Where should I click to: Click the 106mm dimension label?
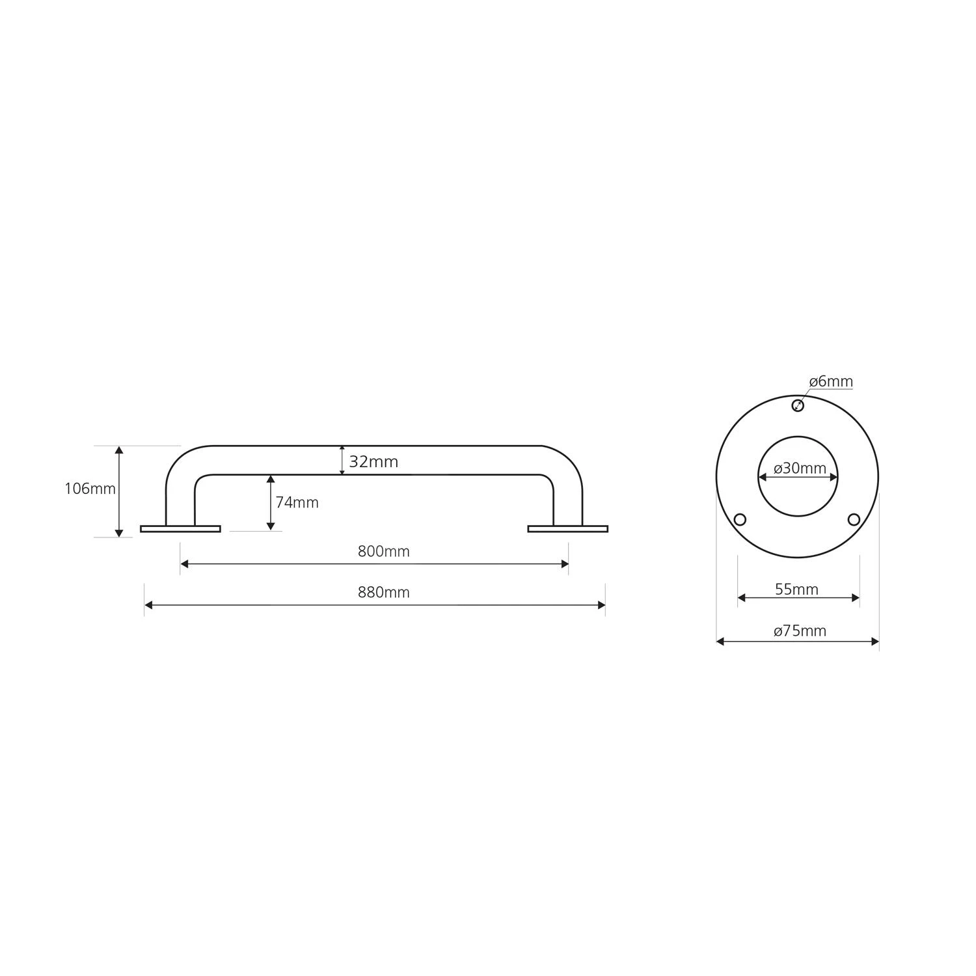[x=90, y=488]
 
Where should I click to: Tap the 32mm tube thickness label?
[x=373, y=462]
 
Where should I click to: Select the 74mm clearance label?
[x=297, y=502]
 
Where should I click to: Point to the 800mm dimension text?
[x=383, y=552]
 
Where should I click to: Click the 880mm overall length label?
[x=383, y=593]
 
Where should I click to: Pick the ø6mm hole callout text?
[x=831, y=381]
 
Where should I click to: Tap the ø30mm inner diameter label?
[x=800, y=468]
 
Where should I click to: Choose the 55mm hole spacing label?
[x=796, y=590]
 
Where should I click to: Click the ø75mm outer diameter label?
[x=800, y=630]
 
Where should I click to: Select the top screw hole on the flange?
[x=798, y=406]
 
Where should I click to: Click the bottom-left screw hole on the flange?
[x=740, y=519]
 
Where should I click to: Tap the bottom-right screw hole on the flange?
[x=854, y=519]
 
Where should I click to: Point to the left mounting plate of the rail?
[x=180, y=529]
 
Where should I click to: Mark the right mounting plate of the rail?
[x=567, y=529]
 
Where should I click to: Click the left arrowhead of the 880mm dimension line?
[x=148, y=605]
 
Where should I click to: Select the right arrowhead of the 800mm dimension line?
[x=565, y=564]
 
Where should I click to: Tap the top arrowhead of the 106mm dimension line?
[x=119, y=450]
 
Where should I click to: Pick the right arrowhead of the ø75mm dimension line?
[x=875, y=642]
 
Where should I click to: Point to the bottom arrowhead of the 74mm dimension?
[x=271, y=526]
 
